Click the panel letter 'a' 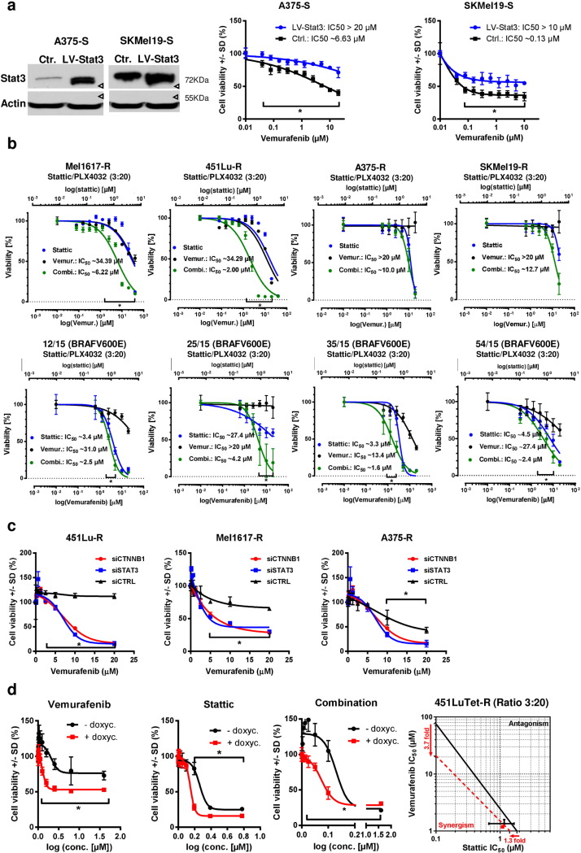coord(7,7)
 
